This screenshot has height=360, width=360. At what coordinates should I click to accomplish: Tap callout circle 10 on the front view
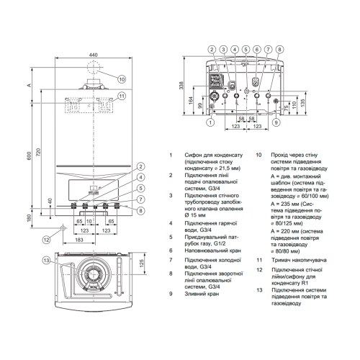click(x=122, y=79)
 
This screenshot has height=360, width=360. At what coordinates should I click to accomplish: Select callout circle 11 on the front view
click(x=122, y=96)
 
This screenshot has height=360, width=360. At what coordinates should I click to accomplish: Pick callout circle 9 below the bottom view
click(x=276, y=122)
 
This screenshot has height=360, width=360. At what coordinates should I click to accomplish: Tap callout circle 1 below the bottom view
click(x=210, y=122)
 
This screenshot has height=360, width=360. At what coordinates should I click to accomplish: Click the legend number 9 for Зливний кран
click(x=170, y=294)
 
